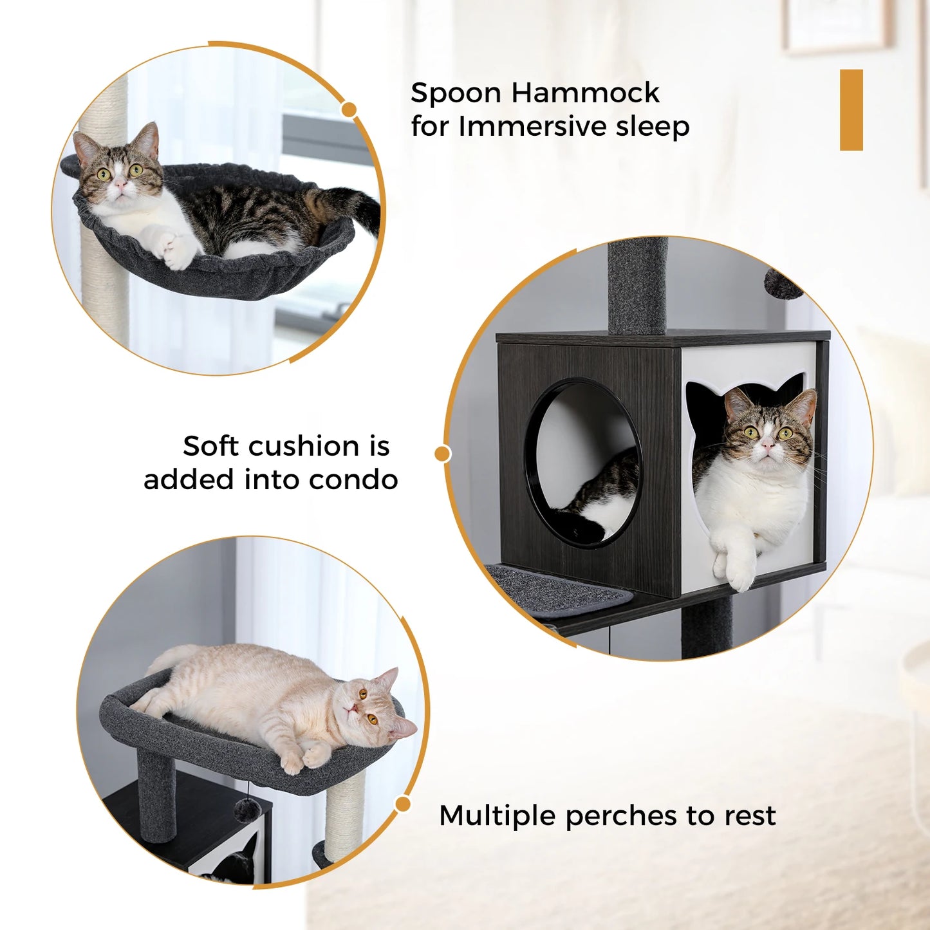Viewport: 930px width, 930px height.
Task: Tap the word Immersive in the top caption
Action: point(533,126)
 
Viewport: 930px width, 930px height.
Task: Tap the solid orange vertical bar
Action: point(851,110)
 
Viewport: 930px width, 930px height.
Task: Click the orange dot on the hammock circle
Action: point(349,110)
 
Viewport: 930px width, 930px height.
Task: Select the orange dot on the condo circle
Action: point(442,454)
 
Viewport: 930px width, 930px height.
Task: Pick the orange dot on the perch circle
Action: point(403,804)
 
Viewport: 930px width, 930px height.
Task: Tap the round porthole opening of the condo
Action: point(582,462)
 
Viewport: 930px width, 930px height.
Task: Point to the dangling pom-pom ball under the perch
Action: point(246,810)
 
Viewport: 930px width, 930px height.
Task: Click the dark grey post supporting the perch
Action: point(156,797)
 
